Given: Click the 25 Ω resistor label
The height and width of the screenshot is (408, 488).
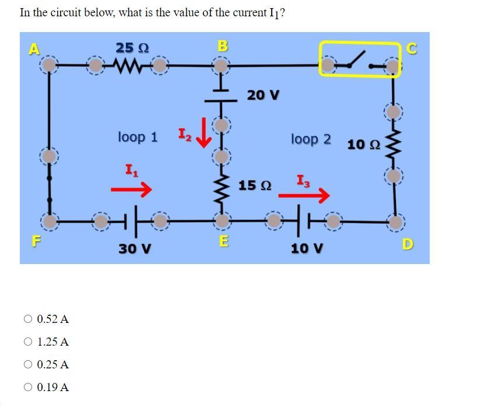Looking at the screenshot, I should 131,48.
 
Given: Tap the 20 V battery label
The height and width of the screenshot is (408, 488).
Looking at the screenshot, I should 263,94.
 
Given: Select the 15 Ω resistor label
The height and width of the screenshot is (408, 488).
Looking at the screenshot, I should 255,185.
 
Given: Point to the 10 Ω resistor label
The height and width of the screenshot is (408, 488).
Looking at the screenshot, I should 364,144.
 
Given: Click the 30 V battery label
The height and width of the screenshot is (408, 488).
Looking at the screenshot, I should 135,248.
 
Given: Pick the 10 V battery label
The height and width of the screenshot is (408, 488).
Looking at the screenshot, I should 307,248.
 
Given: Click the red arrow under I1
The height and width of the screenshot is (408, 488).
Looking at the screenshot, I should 131,189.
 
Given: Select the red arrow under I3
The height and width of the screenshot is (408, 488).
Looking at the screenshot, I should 303,196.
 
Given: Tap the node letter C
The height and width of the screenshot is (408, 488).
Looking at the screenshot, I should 412,50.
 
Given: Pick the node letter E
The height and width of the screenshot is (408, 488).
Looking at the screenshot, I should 223,241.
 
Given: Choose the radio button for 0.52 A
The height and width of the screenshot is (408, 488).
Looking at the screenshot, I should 28,319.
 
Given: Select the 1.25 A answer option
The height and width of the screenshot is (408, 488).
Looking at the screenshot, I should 52,342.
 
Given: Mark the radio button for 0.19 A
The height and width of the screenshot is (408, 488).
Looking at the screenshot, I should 28,387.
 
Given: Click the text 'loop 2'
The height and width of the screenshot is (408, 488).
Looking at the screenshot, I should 311,139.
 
